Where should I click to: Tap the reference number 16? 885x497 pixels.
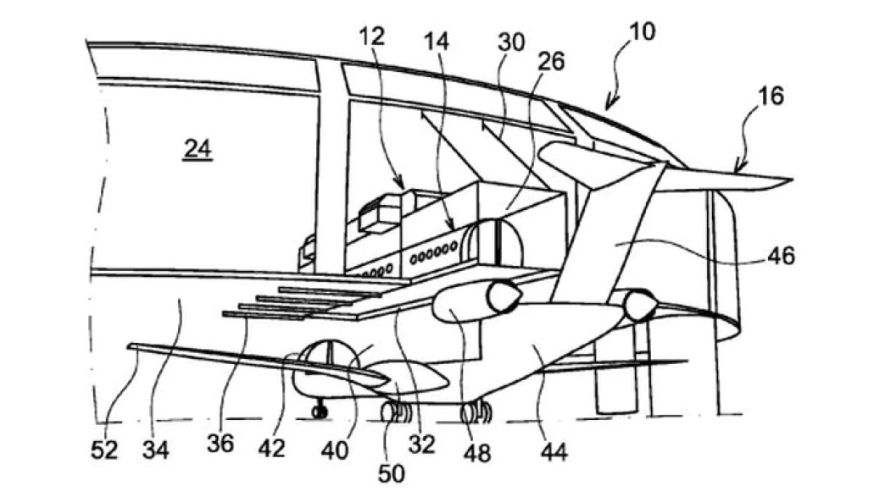(771, 96)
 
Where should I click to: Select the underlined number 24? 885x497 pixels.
(198, 149)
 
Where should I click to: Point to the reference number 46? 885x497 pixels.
(781, 257)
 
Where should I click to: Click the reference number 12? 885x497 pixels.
(371, 36)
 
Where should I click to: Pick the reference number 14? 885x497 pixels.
(436, 41)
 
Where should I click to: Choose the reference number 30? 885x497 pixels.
(511, 42)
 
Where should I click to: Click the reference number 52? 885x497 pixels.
(104, 450)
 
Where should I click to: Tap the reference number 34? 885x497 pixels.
(155, 450)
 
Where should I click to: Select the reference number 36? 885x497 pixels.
(220, 444)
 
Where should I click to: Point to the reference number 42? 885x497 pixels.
(271, 448)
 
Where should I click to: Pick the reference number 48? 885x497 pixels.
(477, 452)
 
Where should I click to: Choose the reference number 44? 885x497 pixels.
(554, 451)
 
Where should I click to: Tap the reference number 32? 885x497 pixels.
(421, 445)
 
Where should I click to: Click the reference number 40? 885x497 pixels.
(334, 450)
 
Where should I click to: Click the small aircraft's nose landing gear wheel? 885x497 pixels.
(320, 412)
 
